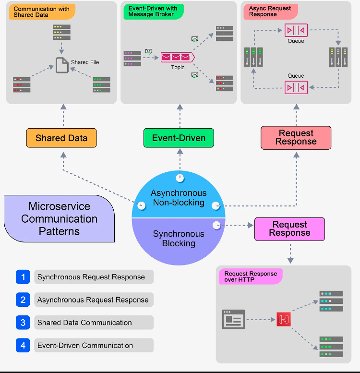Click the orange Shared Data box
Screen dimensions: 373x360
click(x=61, y=138)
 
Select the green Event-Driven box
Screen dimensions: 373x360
click(x=179, y=138)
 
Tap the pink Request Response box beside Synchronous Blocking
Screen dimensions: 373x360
click(x=289, y=229)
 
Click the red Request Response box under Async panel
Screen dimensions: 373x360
click(x=296, y=138)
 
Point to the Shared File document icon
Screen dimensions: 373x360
click(x=62, y=65)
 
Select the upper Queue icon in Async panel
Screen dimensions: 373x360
click(x=296, y=30)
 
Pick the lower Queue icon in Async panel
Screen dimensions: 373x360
click(x=296, y=87)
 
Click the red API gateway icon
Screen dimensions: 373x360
click(x=283, y=319)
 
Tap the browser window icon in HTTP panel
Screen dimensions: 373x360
click(x=233, y=319)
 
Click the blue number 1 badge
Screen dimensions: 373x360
click(x=23, y=277)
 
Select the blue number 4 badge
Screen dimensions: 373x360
click(x=23, y=345)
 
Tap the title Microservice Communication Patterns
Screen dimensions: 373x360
click(x=59, y=219)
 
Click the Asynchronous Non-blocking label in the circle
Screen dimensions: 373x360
click(x=179, y=198)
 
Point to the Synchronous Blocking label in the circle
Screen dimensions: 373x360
click(x=179, y=239)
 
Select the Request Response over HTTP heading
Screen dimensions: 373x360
click(x=250, y=277)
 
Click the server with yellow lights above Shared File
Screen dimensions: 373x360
click(x=61, y=32)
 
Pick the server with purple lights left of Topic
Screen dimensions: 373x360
click(x=132, y=58)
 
